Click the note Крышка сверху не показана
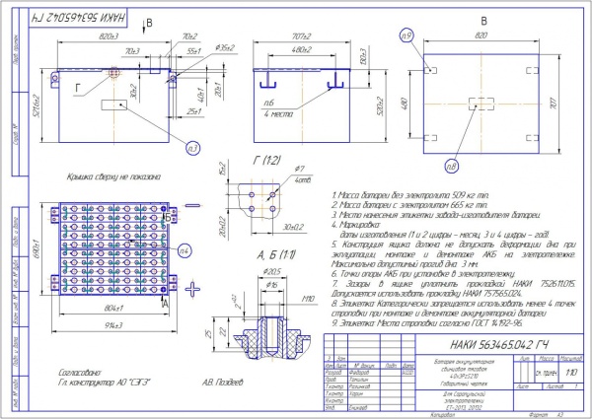tap(80, 173)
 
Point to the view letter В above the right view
tap(483, 18)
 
